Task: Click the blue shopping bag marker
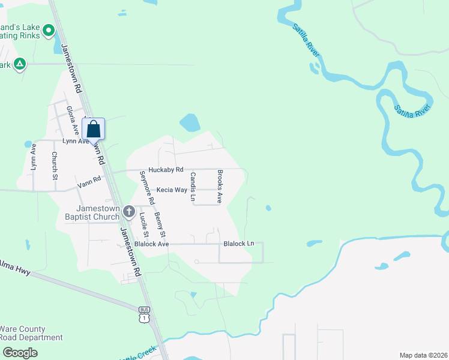[x=93, y=128]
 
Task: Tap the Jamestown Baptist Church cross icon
[x=129, y=211]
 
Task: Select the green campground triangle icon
[x=20, y=64]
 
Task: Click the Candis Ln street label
[x=193, y=186]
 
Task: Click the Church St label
[x=54, y=166]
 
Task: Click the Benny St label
[x=160, y=224]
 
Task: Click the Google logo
[x=19, y=352]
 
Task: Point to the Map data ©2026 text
[x=423, y=355]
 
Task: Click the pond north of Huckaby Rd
[x=190, y=123]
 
